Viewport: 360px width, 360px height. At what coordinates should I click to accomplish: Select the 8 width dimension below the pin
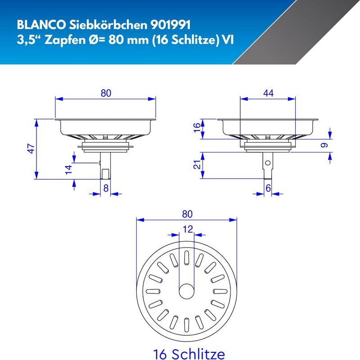coord(106,189)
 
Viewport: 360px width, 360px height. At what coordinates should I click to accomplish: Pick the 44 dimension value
coord(268,93)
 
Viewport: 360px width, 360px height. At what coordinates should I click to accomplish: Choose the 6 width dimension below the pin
coord(268,189)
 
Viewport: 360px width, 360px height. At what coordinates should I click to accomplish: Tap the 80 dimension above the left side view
coord(106,93)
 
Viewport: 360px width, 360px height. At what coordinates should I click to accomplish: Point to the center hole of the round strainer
coord(186,291)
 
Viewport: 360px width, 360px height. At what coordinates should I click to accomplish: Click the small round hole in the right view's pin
coord(268,163)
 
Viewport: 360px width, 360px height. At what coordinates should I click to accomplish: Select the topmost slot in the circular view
coord(186,258)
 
